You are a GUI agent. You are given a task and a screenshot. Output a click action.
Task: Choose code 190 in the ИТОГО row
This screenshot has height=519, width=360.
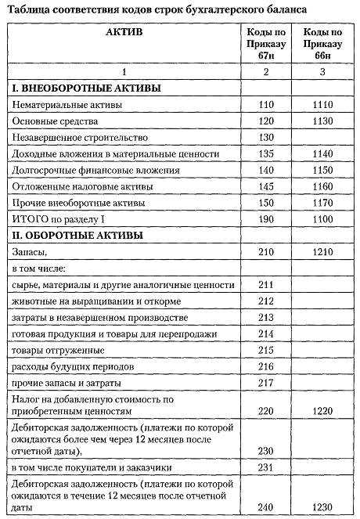pyautogui.click(x=266, y=220)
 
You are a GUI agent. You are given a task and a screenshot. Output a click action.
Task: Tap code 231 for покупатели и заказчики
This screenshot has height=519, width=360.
pyautogui.click(x=266, y=467)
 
